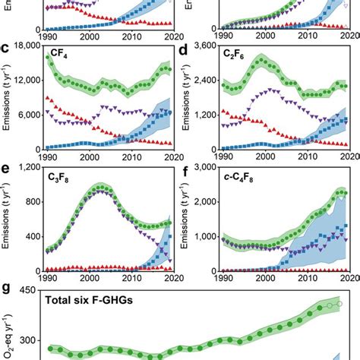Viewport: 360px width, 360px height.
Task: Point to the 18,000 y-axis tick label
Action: coord(27,46)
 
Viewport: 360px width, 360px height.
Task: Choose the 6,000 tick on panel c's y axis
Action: coord(29,115)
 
